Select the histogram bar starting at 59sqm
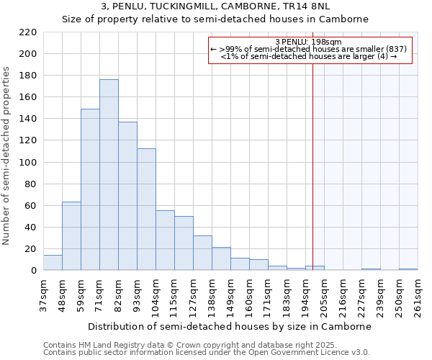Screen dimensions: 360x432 click(90, 189)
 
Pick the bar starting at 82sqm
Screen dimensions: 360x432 click(127, 196)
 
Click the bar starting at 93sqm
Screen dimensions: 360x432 click(146, 210)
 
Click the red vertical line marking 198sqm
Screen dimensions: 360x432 click(313, 158)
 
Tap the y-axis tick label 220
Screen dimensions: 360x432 click(28, 32)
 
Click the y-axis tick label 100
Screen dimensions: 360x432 click(28, 163)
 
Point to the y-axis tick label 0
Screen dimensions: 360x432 click(33, 271)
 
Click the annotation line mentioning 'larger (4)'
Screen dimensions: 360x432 click(309, 56)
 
